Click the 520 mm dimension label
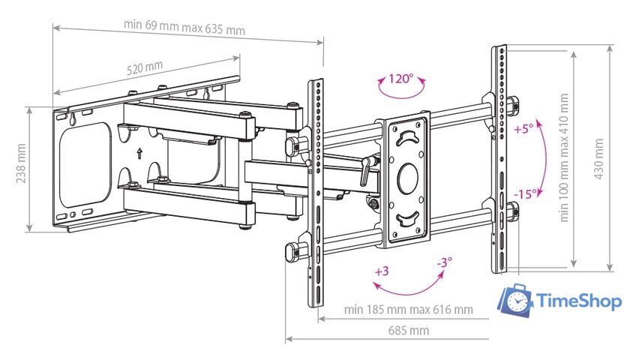pyautogui.click(x=144, y=67)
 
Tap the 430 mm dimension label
pyautogui.click(x=598, y=157)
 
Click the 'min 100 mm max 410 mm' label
pyautogui.click(x=564, y=157)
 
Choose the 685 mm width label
pyautogui.click(x=408, y=330)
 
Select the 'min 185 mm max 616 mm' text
pyautogui.click(x=408, y=309)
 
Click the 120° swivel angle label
pyautogui.click(x=400, y=77)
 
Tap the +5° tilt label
pyautogui.click(x=523, y=128)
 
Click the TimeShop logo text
pyautogui.click(x=580, y=301)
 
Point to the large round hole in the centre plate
pyautogui.click(x=406, y=177)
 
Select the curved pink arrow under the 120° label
pyautogui.click(x=398, y=94)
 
